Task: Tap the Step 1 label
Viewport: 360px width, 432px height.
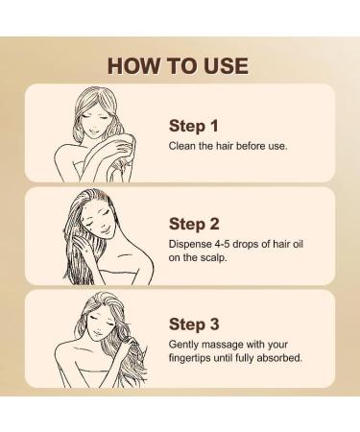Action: point(194,125)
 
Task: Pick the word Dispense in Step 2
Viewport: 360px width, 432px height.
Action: point(190,244)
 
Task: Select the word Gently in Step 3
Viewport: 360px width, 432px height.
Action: point(184,343)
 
